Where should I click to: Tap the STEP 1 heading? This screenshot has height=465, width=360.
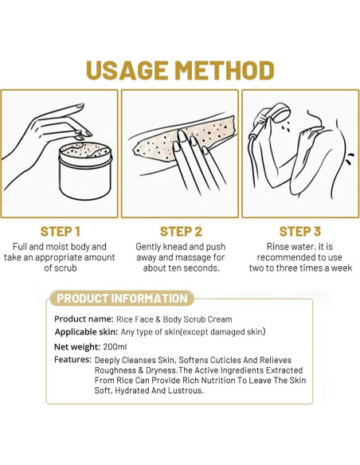(x=61, y=232)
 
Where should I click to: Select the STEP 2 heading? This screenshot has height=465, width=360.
(x=181, y=232)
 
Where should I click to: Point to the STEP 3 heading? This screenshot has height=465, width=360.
(x=300, y=232)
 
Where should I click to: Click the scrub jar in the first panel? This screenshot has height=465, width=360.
(x=85, y=170)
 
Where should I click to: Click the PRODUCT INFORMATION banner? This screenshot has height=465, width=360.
(x=122, y=299)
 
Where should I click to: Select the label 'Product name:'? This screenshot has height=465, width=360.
(x=84, y=319)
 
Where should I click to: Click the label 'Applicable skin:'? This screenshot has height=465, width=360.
(x=86, y=332)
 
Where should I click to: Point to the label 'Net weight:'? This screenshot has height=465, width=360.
(x=77, y=346)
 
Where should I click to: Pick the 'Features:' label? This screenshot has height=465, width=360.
(x=72, y=360)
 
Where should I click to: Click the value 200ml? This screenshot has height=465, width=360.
(x=115, y=346)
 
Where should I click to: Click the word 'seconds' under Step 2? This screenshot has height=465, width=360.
(x=203, y=268)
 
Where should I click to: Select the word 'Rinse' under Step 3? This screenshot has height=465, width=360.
(x=277, y=247)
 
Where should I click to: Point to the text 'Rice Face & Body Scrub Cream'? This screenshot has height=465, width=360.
(x=174, y=319)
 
